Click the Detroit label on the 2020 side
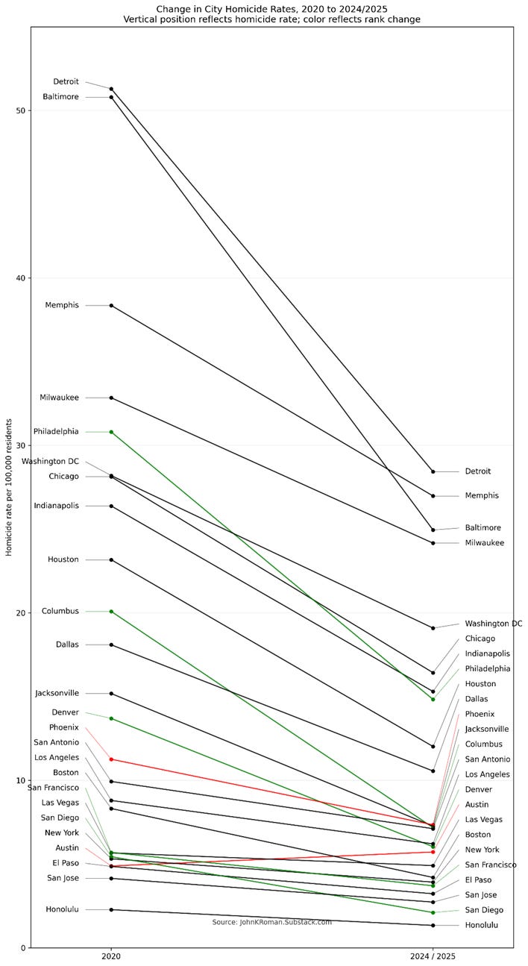(66, 81)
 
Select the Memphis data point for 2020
(111, 305)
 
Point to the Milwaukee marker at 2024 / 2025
(433, 543)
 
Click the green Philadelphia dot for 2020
(111, 432)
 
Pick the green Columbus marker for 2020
(111, 612)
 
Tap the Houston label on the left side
(63, 559)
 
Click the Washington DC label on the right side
(493, 624)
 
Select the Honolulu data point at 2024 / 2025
(433, 926)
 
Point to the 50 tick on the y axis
(21, 110)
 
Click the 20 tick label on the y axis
(21, 613)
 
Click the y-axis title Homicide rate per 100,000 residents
(9, 487)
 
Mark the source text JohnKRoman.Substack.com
(271, 922)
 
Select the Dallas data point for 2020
(111, 644)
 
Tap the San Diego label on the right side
(485, 910)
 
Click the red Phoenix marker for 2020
(111, 759)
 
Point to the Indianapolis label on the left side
(56, 506)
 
